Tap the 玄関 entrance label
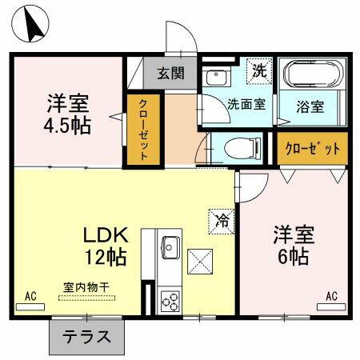[x=170, y=74]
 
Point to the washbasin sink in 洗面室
[x=215, y=77]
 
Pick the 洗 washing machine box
[x=259, y=70]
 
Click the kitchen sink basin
[x=170, y=246]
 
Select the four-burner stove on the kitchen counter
[x=170, y=300]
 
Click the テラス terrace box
[x=87, y=337]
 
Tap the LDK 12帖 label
[x=105, y=246]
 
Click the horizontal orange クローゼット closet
[x=314, y=148]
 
